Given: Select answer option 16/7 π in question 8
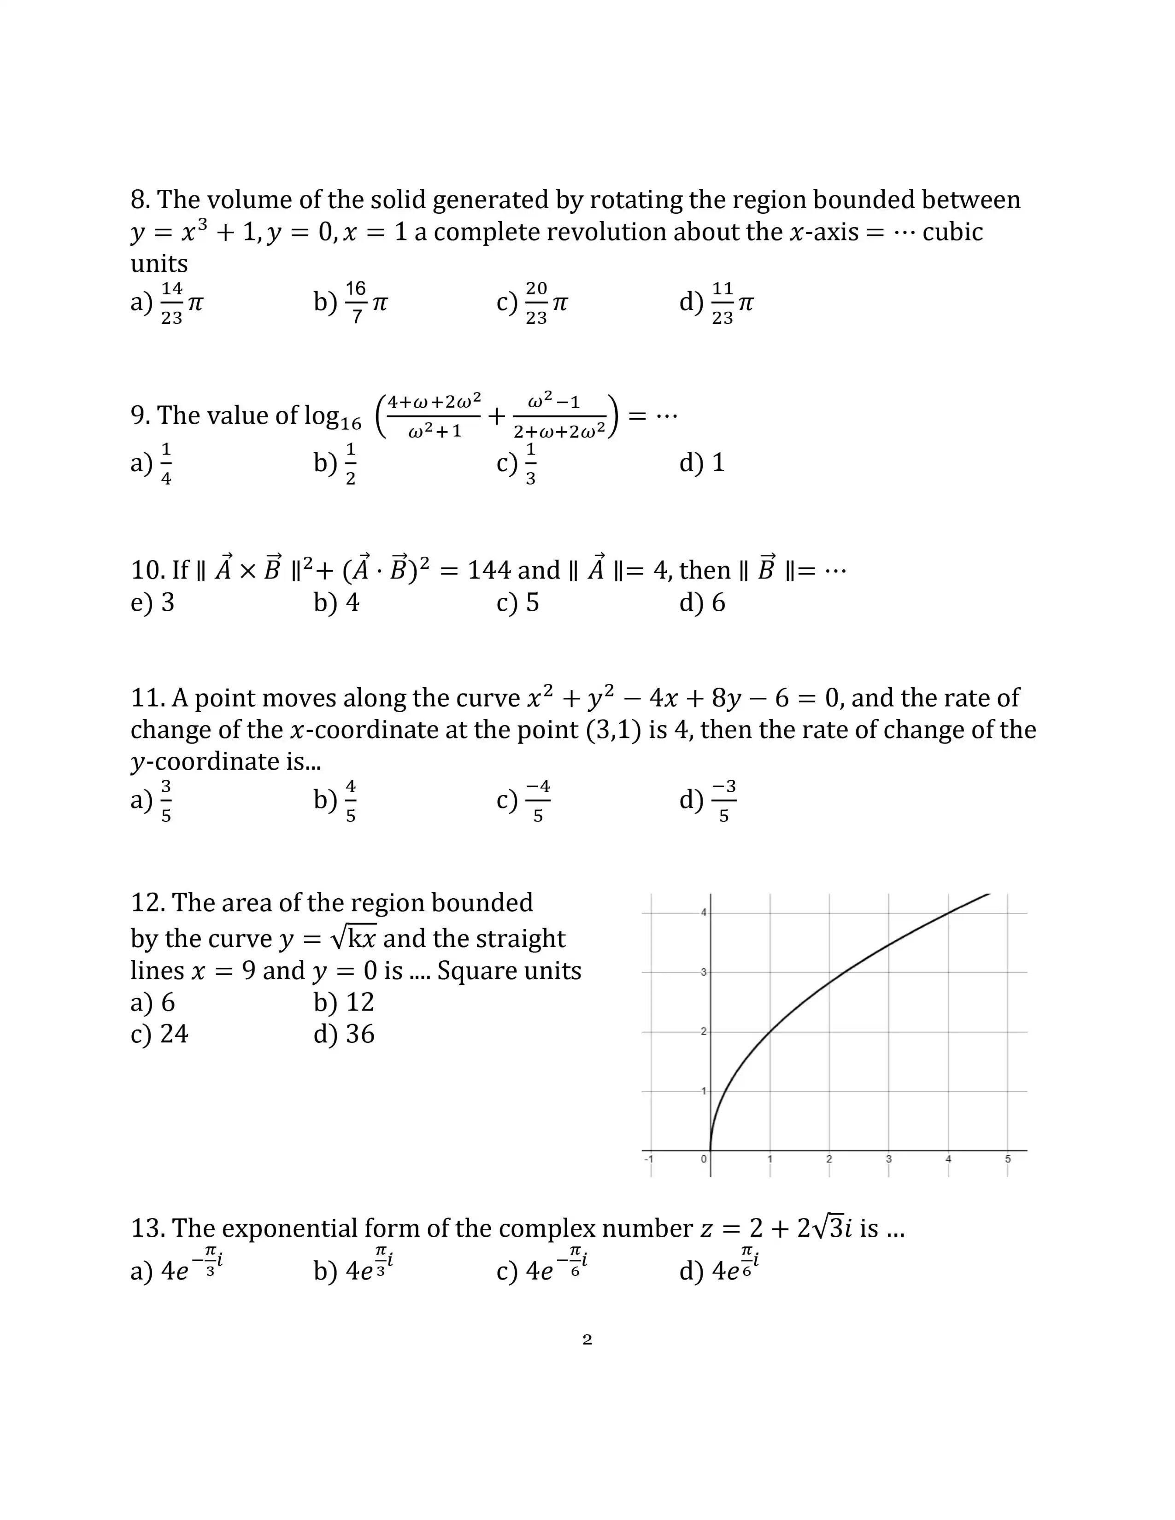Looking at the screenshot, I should [x=352, y=303].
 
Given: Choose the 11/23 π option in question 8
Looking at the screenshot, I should [x=717, y=303].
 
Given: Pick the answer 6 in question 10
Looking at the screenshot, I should [x=703, y=602].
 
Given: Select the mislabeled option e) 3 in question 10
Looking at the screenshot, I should [x=153, y=602].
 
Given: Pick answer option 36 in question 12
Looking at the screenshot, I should [x=345, y=1034].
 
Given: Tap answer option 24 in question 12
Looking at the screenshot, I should [x=160, y=1034].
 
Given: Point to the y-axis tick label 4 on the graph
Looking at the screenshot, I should [x=704, y=912].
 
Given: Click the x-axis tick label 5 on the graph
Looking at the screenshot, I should [x=1007, y=1159].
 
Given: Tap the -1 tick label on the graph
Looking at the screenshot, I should [x=649, y=1159].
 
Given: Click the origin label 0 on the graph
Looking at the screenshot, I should [x=704, y=1159].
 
